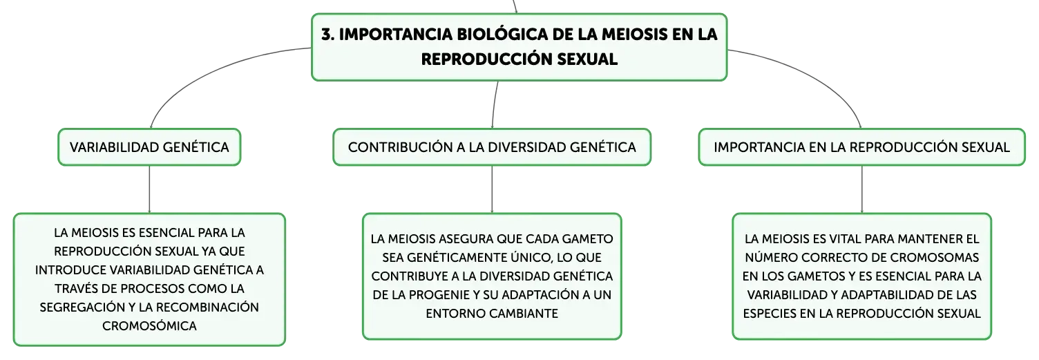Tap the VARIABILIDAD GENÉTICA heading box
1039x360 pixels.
[x=149, y=147]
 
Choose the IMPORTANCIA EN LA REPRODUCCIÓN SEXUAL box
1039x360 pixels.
[x=862, y=147]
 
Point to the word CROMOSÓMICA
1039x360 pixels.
[x=149, y=325]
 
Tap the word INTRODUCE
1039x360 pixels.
[x=71, y=270]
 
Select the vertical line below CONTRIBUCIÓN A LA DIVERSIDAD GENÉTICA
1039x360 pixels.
[x=492, y=189]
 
